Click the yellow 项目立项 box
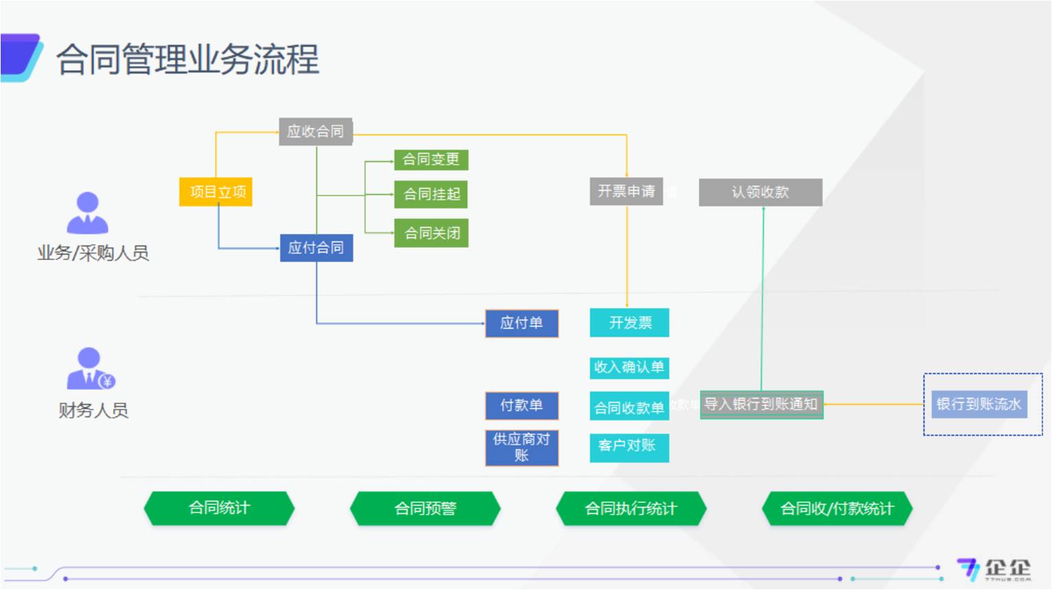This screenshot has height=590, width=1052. point(216,192)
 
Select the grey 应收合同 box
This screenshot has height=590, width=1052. point(315,131)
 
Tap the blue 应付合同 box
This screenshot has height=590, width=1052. point(316,248)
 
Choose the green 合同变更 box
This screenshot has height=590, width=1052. point(431,159)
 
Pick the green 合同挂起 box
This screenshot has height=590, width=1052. point(431,194)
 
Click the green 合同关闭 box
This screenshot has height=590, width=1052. point(431,233)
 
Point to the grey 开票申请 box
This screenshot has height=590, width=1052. point(626,191)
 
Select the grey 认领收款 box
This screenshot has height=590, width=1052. point(760,192)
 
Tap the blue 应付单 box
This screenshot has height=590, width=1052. point(521,323)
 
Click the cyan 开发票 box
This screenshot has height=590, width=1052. point(630,322)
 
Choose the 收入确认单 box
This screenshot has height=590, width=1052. point(629,367)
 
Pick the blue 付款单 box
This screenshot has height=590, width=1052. point(521,405)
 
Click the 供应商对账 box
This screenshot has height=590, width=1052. point(521,447)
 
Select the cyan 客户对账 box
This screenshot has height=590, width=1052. point(629,447)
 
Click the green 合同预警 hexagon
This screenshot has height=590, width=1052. point(425,508)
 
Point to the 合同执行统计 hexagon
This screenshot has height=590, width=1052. point(631,508)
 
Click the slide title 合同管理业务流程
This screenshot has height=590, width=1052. point(187,59)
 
